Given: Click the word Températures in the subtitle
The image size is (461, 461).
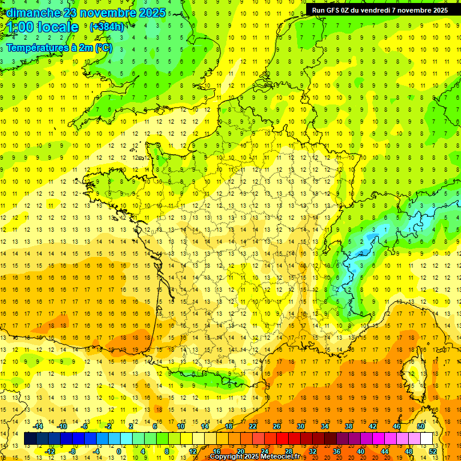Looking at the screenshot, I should (x=36, y=47).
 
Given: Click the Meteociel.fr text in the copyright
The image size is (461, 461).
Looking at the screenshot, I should (x=282, y=457).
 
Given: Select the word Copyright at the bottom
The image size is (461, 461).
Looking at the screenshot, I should (x=227, y=457).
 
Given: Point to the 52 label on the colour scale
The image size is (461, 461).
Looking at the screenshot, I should (x=433, y=451).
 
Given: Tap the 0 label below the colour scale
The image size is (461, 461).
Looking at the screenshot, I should (x=118, y=451).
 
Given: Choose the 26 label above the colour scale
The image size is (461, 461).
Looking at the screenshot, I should (x=277, y=426).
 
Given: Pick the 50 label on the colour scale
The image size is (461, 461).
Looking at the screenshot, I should (x=421, y=426).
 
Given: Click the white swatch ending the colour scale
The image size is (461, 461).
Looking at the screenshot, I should (x=427, y=439).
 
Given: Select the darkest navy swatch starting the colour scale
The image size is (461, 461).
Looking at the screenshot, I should (x=30, y=439).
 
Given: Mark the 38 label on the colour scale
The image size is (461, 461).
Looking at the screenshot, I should (x=349, y=426).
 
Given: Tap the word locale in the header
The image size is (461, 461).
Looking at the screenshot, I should (x=58, y=27).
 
